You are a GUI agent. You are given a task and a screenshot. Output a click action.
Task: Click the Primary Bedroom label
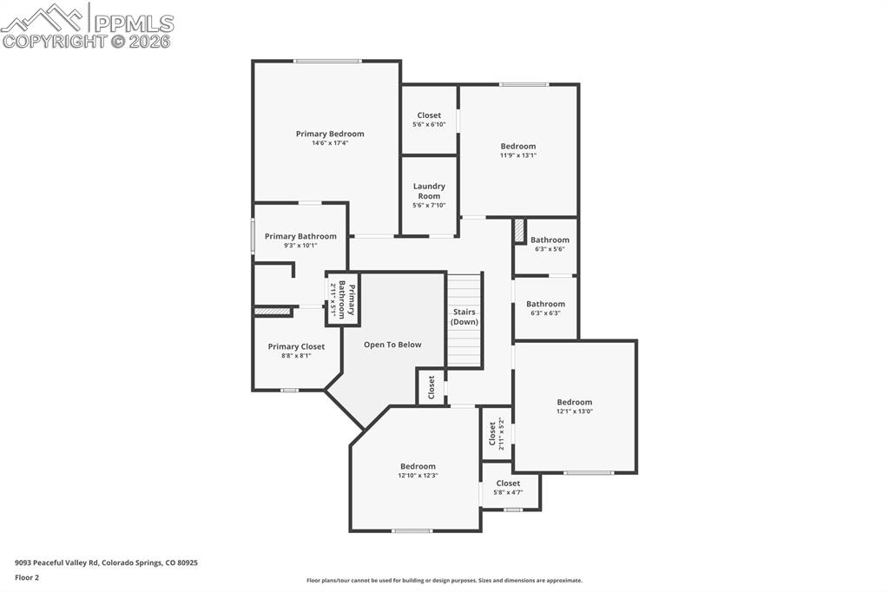330,134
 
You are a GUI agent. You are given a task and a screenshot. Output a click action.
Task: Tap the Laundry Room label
429,191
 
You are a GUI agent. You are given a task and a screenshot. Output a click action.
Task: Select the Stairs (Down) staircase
465,320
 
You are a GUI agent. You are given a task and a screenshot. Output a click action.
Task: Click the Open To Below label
392,345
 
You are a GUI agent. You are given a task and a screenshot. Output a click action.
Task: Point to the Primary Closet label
297,346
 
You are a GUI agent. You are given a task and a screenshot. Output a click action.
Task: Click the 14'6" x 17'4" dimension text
330,143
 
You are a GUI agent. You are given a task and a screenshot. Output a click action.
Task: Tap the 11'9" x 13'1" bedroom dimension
518,155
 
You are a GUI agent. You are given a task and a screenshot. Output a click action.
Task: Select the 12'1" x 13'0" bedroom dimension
575,411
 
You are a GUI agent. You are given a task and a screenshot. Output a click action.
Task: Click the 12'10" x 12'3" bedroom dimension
418,476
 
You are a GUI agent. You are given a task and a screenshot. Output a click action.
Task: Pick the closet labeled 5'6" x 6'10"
429,120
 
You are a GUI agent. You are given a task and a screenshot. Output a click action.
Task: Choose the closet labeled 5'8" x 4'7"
510,488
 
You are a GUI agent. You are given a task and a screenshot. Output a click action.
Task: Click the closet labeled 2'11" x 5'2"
497,434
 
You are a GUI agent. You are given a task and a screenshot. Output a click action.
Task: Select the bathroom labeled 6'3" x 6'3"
545,308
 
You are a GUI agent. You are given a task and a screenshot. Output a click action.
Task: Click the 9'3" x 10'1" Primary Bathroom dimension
300,247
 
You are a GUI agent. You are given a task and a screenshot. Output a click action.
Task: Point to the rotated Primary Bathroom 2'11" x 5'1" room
342,299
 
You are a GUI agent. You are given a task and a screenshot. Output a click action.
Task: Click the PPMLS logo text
134,23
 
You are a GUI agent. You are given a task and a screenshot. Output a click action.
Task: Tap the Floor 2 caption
27,578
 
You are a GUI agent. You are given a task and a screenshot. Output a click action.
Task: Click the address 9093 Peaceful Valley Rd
56,563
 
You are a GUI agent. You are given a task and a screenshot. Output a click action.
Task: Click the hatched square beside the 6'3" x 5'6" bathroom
519,232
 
